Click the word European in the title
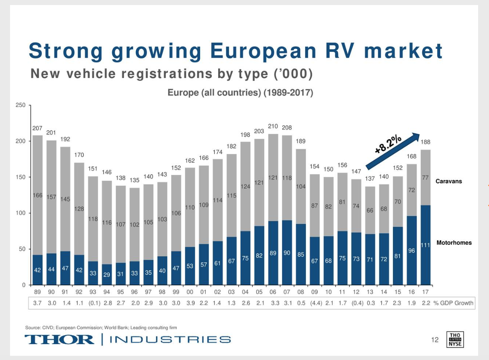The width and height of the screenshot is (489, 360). pos(263,51)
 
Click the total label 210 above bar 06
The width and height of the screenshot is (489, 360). pos(273,126)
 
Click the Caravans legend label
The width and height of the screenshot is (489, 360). pos(448,181)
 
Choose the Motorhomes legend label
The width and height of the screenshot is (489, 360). pos(454,243)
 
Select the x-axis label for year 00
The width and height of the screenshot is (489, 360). pos(190,292)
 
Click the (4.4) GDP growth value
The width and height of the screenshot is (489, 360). pos(315,303)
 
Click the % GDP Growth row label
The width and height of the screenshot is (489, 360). pos(453,303)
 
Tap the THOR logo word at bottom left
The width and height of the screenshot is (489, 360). pos(59,339)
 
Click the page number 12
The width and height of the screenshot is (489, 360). pos(435,340)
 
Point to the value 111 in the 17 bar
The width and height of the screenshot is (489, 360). pos(425,245)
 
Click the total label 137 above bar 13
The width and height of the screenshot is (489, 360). pos(370,178)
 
